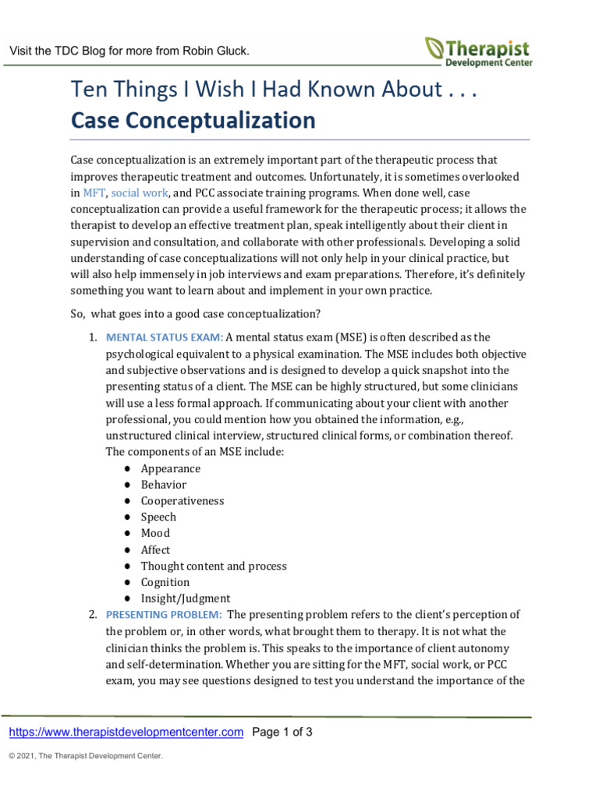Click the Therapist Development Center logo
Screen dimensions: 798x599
479,51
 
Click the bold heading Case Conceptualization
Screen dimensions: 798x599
193,121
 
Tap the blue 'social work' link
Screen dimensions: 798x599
137,192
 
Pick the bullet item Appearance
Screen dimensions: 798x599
170,468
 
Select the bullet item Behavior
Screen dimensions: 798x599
163,485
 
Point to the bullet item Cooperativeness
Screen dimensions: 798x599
182,501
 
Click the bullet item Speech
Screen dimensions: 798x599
158,517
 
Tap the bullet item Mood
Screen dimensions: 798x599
155,533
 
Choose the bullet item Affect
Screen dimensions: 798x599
155,549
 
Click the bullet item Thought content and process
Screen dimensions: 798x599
213,566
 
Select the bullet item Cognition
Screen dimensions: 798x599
165,582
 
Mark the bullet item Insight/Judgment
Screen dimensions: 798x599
185,598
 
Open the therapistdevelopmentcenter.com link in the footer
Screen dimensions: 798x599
126,732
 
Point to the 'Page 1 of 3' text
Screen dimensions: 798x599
283,732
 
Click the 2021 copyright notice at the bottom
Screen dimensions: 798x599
85,756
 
